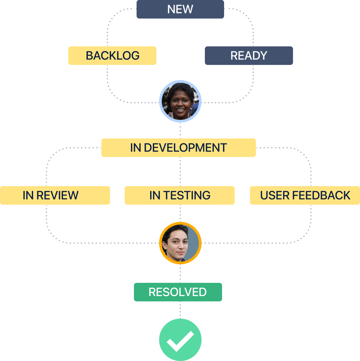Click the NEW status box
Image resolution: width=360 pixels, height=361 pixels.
[180, 9]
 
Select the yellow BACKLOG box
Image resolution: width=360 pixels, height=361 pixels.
[112, 55]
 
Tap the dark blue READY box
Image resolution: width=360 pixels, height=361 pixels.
[249, 55]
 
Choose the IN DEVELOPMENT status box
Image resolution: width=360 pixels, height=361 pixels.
[178, 147]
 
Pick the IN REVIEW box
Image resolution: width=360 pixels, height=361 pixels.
[55, 195]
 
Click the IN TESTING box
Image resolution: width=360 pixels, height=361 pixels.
[179, 195]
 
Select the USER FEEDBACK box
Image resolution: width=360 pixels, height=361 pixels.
[305, 195]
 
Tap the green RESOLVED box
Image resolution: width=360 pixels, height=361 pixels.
[178, 292]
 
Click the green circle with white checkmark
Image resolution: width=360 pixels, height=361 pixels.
[180, 340]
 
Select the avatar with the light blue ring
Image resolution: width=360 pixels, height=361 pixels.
[180, 101]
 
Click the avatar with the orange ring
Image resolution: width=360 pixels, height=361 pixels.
[180, 243]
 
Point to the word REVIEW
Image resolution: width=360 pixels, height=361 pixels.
[57, 195]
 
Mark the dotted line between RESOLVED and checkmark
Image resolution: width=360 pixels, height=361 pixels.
[180, 310]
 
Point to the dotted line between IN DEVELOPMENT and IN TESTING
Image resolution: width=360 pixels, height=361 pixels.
[180, 171]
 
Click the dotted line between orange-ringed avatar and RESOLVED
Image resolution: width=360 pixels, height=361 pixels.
[180, 274]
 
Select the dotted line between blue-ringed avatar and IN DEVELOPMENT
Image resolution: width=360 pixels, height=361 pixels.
[180, 130]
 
